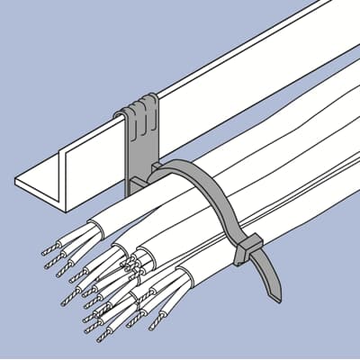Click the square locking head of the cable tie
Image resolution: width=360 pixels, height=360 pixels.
[x=247, y=249]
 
